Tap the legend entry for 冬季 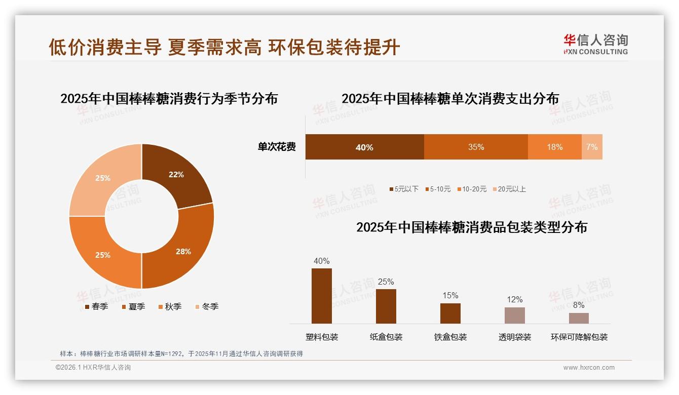(207, 306)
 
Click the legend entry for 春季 (96, 306)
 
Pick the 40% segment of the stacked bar (364, 147)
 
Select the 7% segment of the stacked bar (592, 147)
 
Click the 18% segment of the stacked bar (554, 147)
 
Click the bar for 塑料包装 (322, 296)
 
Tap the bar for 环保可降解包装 (579, 318)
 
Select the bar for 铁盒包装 (450, 313)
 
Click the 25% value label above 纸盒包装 (386, 282)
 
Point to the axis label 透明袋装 (514, 337)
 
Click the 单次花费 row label (277, 147)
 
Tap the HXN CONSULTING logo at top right (596, 45)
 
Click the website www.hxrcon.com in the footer (589, 368)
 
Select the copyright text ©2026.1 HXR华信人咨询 (93, 368)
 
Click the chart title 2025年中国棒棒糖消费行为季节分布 (169, 98)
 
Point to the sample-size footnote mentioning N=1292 (181, 353)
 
